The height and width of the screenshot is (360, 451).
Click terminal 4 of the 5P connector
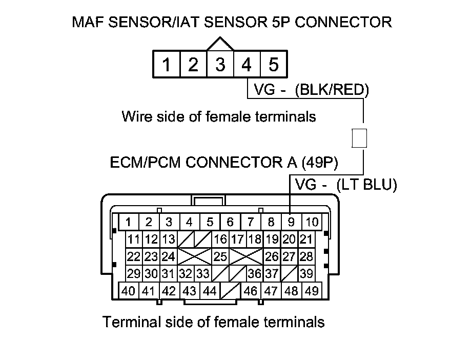point(247,64)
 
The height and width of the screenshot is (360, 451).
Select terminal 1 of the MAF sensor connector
point(166,64)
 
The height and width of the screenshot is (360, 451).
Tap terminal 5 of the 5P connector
point(274,64)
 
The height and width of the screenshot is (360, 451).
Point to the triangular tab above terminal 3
point(220,44)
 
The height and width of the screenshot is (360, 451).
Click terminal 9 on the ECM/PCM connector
point(291,222)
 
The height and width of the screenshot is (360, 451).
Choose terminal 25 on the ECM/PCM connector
point(220,256)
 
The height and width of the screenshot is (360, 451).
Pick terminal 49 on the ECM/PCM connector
point(312,291)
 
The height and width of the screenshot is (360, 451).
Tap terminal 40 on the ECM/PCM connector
point(129,291)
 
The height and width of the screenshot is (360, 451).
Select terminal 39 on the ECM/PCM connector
point(306,273)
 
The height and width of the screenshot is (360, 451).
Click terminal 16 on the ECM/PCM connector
point(220,239)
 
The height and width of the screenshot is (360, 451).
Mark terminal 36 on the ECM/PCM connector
point(255,273)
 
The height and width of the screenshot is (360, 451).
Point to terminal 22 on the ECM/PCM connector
point(134,256)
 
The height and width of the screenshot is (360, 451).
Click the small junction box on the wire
point(359,138)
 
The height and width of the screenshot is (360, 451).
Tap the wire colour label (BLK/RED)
point(332,90)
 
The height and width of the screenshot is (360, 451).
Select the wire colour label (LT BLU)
point(367,185)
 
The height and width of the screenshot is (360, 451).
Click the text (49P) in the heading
point(320,162)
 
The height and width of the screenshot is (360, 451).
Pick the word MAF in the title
point(88,22)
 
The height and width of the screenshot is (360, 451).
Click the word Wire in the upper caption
point(137,116)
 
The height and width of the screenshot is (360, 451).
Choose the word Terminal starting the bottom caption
point(131,322)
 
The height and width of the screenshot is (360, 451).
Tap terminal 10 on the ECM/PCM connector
point(312,222)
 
